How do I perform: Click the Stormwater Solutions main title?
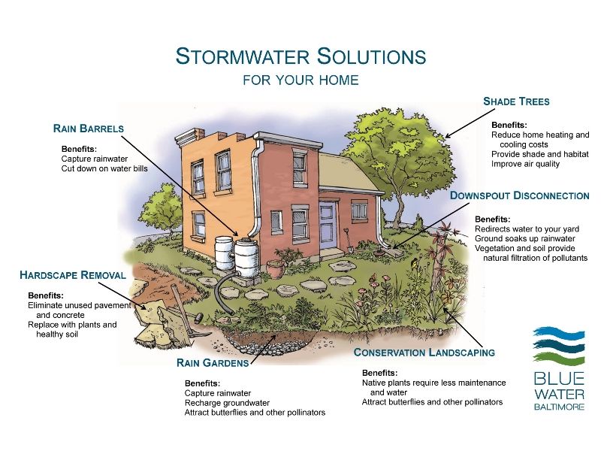(x=301, y=56)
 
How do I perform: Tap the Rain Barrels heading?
(x=89, y=129)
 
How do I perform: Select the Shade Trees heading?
(x=516, y=101)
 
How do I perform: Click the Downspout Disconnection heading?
(x=519, y=195)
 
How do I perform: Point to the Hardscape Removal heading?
(x=73, y=275)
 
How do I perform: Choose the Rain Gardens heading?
(x=213, y=363)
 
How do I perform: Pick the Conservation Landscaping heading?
(x=424, y=353)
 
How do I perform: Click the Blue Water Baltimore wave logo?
(x=559, y=346)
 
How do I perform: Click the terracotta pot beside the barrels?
(x=276, y=268)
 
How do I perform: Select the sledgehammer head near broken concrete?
(x=199, y=317)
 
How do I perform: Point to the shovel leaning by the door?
(x=348, y=241)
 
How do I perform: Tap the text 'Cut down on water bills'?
(x=104, y=168)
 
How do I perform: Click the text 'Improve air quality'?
(x=525, y=164)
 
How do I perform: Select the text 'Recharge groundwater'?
(x=227, y=403)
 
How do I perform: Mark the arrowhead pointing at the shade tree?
(x=448, y=135)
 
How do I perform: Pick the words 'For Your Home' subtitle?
(x=301, y=80)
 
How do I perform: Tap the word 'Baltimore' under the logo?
(x=559, y=407)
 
